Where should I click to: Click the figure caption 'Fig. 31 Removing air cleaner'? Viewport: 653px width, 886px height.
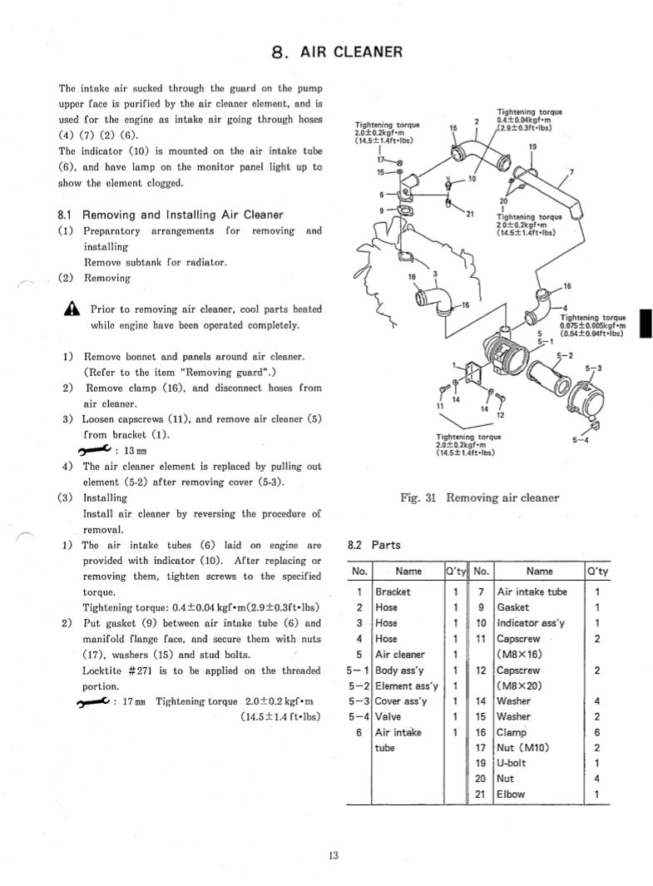(479, 498)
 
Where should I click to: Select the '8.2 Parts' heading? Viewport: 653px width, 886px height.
(373, 546)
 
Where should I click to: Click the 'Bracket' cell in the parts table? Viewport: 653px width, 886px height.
(393, 592)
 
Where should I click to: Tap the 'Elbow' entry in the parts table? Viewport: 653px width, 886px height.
(512, 794)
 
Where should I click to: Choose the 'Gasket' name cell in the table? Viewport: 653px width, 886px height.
(513, 607)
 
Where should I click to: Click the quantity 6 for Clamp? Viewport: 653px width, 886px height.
(597, 732)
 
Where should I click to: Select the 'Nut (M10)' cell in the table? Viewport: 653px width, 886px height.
(522, 747)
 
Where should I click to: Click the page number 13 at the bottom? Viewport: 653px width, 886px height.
(333, 856)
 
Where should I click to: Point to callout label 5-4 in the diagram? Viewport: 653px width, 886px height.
(581, 441)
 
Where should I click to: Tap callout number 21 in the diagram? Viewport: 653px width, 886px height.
(469, 215)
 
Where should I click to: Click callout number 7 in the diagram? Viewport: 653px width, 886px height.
(571, 172)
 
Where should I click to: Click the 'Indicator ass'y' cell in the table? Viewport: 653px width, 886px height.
(532, 623)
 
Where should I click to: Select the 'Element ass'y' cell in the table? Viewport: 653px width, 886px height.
(407, 686)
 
